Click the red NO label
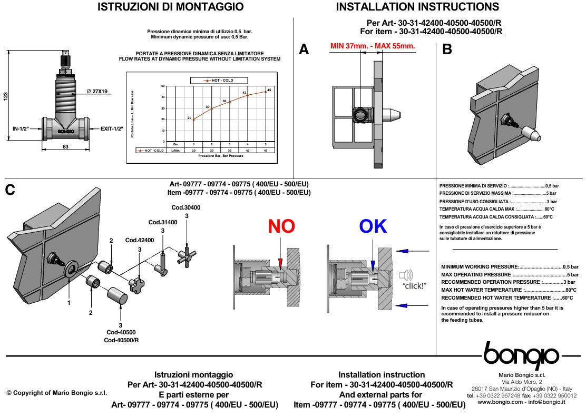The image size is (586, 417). coord(281,226)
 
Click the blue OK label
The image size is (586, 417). coord(373,226)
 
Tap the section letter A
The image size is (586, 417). coord(304,49)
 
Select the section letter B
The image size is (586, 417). coord(447,49)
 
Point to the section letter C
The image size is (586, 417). coord(10,190)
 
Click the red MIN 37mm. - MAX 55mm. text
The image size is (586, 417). coord(373,46)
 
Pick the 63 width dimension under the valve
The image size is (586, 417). coord(65,147)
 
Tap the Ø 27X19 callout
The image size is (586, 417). coord(97,92)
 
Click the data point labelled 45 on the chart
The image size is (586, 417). coord(266,92)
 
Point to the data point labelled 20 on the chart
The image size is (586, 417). coord(194,120)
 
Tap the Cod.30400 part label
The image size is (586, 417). coord(186,207)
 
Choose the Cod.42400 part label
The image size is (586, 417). coord(140,240)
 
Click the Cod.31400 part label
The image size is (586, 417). coord(163,222)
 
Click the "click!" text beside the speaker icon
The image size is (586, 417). coord(414,285)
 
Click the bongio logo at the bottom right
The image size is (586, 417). coord(522,354)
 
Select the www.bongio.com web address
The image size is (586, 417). coord(500,402)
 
